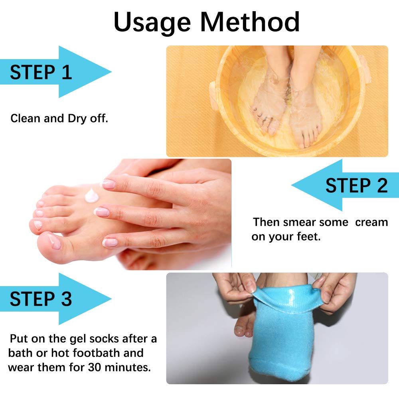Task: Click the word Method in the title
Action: click(x=250, y=22)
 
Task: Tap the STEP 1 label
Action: click(x=41, y=73)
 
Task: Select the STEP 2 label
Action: click(x=356, y=186)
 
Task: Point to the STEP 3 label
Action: click(x=41, y=299)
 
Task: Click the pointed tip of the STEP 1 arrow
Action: click(x=111, y=72)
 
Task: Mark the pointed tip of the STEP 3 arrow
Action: click(x=111, y=299)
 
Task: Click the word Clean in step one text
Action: click(x=26, y=119)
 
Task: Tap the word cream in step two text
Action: click(x=371, y=222)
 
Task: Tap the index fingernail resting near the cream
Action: click(x=108, y=184)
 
